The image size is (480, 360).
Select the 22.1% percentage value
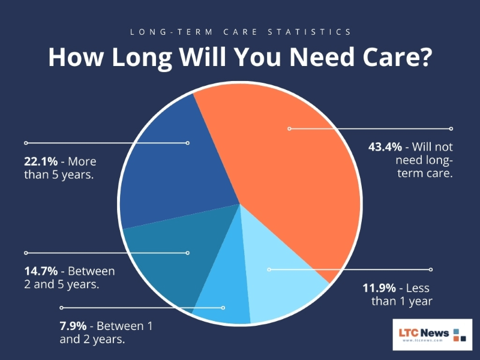point(41,162)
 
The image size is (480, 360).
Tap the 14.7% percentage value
point(41,271)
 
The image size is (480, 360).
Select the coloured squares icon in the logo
point(460,334)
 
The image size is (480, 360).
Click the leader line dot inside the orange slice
point(289,128)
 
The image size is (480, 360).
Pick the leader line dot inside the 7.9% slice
point(223,308)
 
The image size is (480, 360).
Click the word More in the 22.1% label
point(83,162)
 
